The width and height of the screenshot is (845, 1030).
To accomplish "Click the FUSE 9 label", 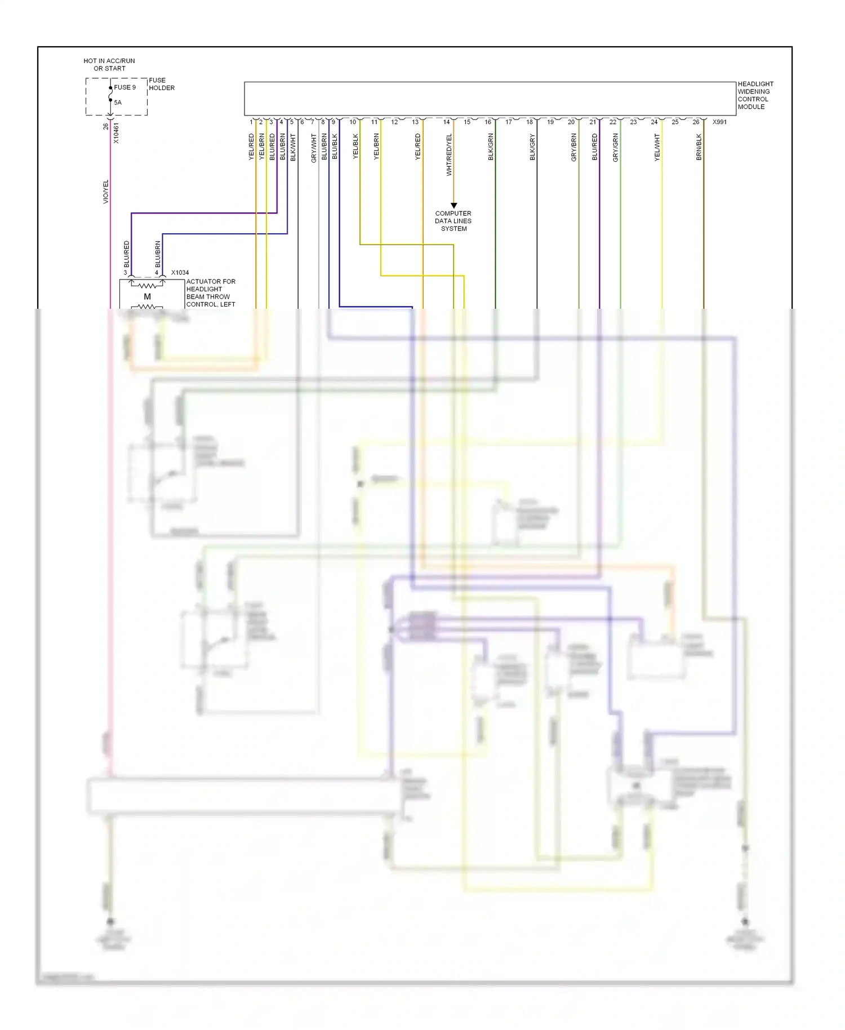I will coord(124,87).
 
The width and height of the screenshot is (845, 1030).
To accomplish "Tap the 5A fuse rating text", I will coord(118,103).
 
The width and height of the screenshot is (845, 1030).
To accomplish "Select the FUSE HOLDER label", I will coord(161,84).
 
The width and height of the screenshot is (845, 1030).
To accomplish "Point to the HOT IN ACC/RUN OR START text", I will coord(109,65).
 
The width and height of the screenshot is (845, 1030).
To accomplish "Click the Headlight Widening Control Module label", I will coord(755,95).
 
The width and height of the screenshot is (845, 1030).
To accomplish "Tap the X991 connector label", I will coord(719,122).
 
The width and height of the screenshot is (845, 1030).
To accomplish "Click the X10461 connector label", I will coord(117,133).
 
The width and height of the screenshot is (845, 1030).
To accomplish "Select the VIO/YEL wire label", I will coord(105,192).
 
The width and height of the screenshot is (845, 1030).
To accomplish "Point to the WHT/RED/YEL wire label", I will coord(449,154).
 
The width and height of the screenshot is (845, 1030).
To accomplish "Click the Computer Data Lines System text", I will coord(453,221).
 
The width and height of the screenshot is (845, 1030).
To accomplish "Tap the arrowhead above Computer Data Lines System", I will coord(453,206).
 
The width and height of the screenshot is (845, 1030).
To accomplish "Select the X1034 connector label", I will coord(180,273).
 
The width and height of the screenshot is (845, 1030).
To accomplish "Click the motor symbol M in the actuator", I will coord(147,297).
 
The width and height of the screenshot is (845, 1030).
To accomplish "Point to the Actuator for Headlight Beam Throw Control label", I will coord(210,293).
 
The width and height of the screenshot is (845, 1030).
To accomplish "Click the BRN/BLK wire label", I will coord(699,146).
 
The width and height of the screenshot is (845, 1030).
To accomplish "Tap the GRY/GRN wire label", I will coord(615,148).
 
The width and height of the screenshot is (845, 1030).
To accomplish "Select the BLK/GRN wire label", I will coord(491,146).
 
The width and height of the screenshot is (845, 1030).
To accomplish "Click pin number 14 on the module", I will coord(446,122).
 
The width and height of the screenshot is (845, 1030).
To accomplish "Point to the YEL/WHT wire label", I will coord(657,147).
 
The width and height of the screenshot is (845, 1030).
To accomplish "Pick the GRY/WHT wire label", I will coord(314,148).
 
